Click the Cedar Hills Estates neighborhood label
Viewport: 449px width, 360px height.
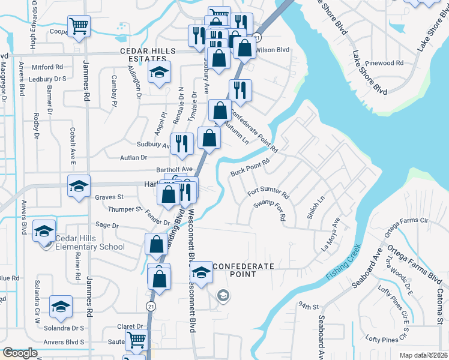coord(143,55)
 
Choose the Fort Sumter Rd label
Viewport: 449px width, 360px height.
coord(268,194)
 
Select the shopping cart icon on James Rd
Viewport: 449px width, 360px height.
coord(79,26)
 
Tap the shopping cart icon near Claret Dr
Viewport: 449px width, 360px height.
coord(136,340)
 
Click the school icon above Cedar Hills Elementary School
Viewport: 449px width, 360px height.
coord(44,230)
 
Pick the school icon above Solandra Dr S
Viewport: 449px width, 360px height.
coord(61,307)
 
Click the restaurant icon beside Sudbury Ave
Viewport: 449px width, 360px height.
coord(181,143)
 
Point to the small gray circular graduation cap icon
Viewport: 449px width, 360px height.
coord(223,295)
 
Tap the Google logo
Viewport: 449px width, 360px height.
coord(20,353)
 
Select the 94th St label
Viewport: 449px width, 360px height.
coord(306,307)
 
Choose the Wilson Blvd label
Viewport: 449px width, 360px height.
coord(273,50)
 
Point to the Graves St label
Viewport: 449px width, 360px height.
coord(109,197)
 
